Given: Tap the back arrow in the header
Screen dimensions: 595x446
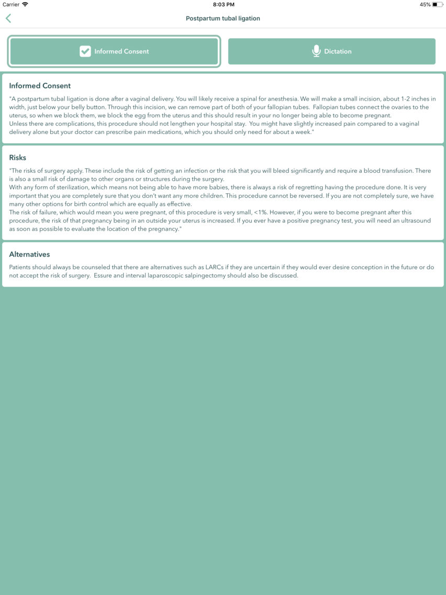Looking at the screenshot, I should pyautogui.click(x=8, y=18).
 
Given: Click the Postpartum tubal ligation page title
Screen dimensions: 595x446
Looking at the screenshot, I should pyautogui.click(x=223, y=18).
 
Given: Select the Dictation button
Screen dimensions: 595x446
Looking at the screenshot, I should pyautogui.click(x=331, y=51).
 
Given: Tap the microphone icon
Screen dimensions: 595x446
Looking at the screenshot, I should pyautogui.click(x=316, y=51).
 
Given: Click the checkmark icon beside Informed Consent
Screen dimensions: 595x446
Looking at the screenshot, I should pyautogui.click(x=85, y=51).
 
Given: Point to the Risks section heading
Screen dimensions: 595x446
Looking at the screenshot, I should pyautogui.click(x=18, y=158).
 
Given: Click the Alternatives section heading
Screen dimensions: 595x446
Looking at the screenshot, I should pyautogui.click(x=29, y=255).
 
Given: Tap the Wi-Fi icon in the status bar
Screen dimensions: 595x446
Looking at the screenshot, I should pyautogui.click(x=25, y=5).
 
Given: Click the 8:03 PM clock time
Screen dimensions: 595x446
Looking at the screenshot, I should pyautogui.click(x=224, y=5).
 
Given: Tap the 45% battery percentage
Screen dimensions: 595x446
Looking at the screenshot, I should pyautogui.click(x=425, y=5).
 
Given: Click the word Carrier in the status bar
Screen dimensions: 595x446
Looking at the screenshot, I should pyautogui.click(x=11, y=5).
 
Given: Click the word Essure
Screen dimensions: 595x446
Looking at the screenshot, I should pyautogui.click(x=104, y=276).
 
